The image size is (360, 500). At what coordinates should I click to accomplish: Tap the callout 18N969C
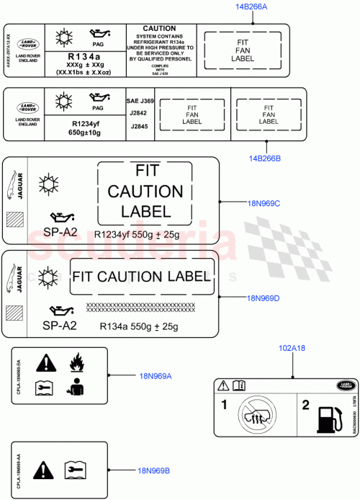(263, 203)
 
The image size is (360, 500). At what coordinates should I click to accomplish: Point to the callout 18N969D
(263, 298)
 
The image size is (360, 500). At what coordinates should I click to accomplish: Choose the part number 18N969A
(156, 375)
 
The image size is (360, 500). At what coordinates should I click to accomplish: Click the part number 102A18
(292, 348)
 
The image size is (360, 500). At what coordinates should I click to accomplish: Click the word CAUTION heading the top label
(159, 29)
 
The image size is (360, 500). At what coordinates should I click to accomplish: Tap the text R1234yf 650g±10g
(85, 128)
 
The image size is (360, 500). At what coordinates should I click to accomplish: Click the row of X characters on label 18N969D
(141, 307)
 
